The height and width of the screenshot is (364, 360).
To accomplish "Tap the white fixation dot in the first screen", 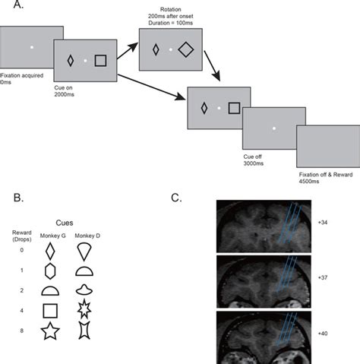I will (x=32, y=47).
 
